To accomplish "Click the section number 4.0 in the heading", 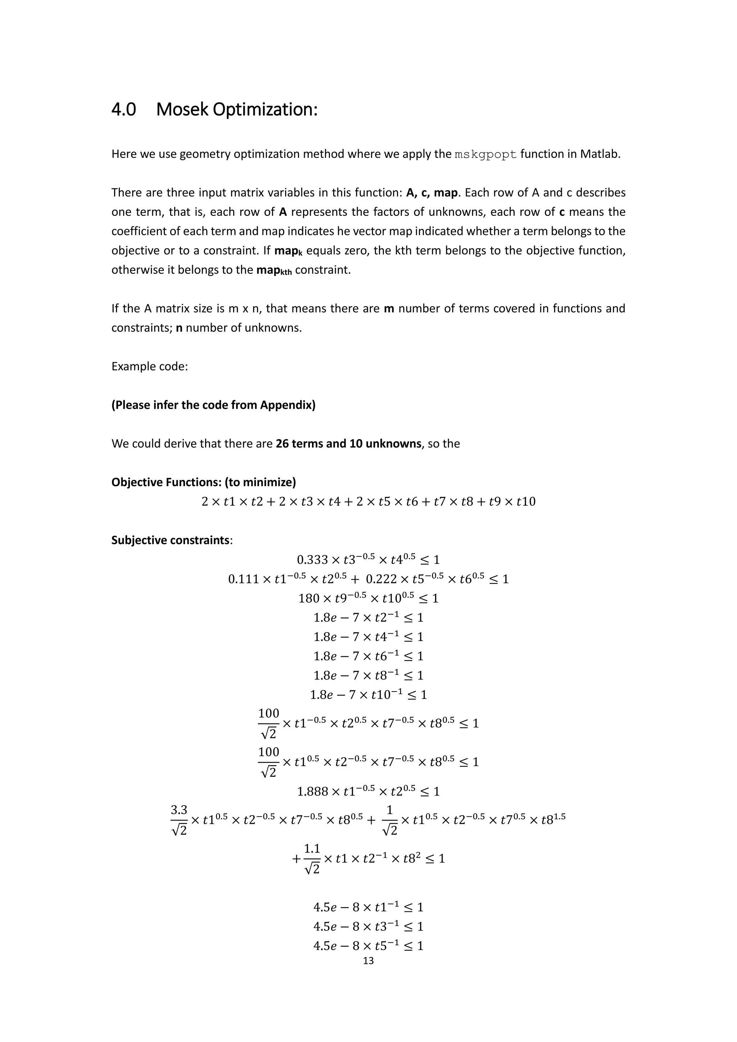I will [123, 109].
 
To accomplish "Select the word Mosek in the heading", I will [181, 109].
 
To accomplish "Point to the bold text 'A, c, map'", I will [431, 193].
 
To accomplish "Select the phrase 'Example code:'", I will [149, 366].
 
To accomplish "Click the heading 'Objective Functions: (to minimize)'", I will [203, 482].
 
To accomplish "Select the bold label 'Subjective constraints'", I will [171, 540].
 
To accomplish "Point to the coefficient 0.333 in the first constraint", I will [312, 559].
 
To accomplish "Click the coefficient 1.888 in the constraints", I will [312, 792].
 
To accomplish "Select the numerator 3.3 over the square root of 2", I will [179, 810].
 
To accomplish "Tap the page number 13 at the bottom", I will [368, 960].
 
